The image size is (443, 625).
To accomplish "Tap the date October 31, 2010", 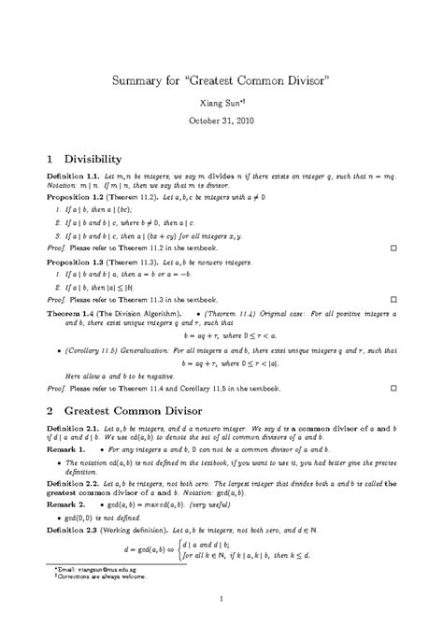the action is pyautogui.click(x=221, y=121).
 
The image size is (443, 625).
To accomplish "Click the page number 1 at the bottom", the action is pyautogui.click(x=221, y=599).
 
